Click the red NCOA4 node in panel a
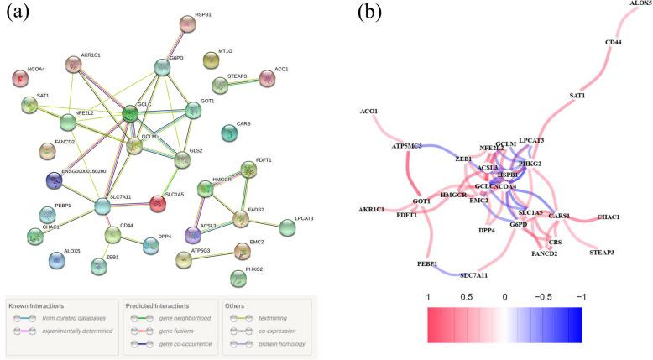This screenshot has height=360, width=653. click(20, 78)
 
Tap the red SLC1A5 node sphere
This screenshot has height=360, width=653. click(157, 203)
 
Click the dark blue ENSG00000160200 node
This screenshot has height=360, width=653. click(55, 180)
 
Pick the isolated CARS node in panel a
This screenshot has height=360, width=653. click(228, 133)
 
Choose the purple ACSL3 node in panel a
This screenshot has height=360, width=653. click(203, 235)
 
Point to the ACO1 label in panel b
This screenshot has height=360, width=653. click(368, 111)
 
